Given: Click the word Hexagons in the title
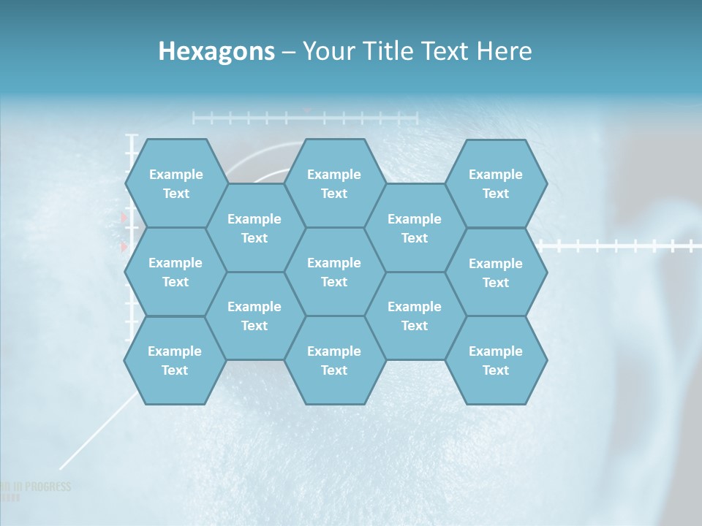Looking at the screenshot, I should (216, 51).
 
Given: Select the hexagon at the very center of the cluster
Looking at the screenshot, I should (334, 272).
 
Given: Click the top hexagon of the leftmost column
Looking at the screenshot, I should (175, 183).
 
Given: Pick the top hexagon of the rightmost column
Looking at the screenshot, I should (496, 183).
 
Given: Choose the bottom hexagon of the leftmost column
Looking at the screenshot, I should (175, 360).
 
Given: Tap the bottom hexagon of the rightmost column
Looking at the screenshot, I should (496, 360).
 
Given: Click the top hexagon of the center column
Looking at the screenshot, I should (334, 183).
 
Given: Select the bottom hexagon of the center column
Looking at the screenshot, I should (334, 360).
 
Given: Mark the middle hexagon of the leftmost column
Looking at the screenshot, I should (175, 272).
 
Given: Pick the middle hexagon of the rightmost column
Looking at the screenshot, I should (496, 272).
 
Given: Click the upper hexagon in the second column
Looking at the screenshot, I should (254, 228).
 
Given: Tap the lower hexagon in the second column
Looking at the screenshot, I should (254, 316).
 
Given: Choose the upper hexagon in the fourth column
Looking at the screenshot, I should (415, 228).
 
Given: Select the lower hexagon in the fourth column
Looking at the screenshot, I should (415, 316).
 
